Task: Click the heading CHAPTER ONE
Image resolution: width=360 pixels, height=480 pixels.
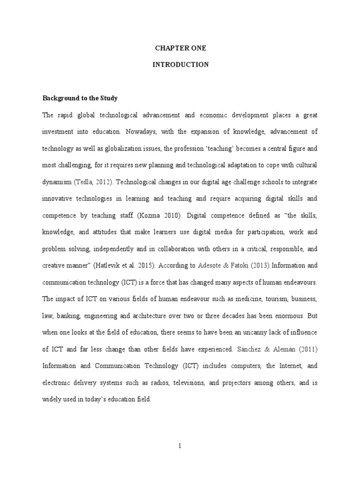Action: pyautogui.click(x=180, y=48)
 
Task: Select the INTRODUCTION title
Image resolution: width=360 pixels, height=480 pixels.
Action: pyautogui.click(x=180, y=65)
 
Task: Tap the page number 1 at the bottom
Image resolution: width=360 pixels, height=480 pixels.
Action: pyautogui.click(x=180, y=446)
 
